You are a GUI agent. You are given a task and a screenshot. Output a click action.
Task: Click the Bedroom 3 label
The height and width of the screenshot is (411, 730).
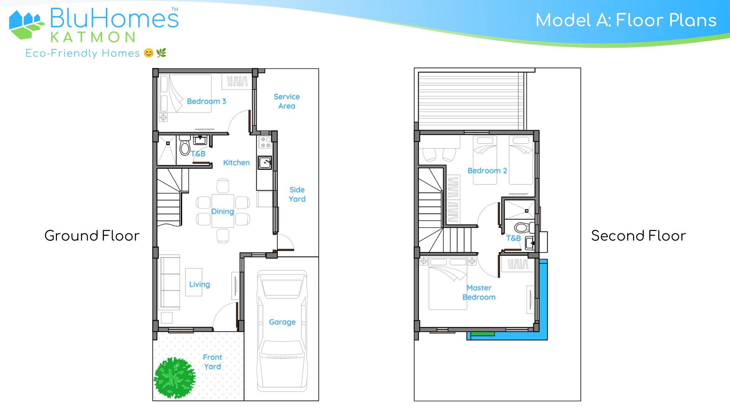pyautogui.click(x=206, y=101)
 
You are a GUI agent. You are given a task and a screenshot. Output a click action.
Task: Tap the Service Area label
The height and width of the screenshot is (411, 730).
pyautogui.click(x=287, y=101)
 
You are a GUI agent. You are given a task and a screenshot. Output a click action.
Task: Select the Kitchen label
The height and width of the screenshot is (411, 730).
pyautogui.click(x=236, y=163)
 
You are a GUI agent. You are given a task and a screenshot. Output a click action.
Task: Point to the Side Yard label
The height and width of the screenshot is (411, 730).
pyautogui.click(x=297, y=194)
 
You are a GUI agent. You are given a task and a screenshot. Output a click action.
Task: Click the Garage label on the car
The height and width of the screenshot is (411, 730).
pyautogui.click(x=282, y=322)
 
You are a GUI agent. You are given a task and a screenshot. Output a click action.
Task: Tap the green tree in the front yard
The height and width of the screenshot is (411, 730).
pyautogui.click(x=175, y=378)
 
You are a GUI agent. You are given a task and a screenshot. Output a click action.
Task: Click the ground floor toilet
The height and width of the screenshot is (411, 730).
pyautogui.click(x=185, y=145)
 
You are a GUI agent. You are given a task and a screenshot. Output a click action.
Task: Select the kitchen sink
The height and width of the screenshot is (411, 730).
pyautogui.click(x=264, y=163)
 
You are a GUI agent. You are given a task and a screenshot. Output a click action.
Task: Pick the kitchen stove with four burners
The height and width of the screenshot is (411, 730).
pyautogui.click(x=265, y=142)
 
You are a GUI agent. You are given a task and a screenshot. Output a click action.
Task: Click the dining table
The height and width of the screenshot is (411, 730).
pyautogui.click(x=223, y=211)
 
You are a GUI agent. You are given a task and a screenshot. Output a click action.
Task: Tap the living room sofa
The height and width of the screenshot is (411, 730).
pyautogui.click(x=169, y=282)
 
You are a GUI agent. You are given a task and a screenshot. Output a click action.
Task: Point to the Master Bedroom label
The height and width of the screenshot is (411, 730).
pyautogui.click(x=479, y=293)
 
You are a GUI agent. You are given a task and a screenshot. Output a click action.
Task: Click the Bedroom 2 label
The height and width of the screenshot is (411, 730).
pyautogui.click(x=487, y=171)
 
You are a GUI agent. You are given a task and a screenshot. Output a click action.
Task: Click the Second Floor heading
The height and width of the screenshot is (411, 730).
pyautogui.click(x=638, y=236)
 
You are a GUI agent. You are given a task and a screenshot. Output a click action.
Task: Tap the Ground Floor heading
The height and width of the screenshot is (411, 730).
pyautogui.click(x=92, y=236)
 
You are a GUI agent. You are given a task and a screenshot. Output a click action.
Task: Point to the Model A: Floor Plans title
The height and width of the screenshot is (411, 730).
pyautogui.click(x=626, y=20)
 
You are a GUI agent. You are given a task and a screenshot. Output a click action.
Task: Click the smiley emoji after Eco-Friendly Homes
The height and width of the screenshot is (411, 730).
pyautogui.click(x=149, y=53)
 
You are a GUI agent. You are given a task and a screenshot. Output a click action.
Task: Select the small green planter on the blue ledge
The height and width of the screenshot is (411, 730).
pyautogui.click(x=483, y=334)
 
